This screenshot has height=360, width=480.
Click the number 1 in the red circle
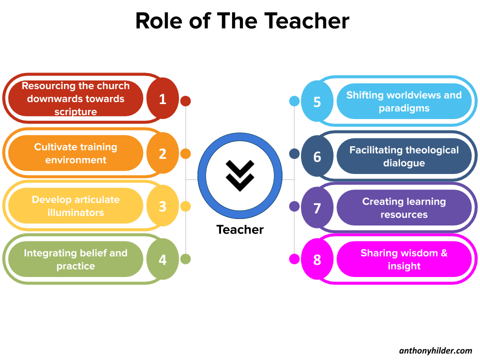click(x=162, y=99)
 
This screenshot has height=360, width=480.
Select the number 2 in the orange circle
click(x=162, y=153)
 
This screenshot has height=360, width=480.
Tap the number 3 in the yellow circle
click(x=162, y=206)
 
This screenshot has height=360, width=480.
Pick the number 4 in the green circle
click(x=162, y=260)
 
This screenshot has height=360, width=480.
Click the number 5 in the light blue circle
click(x=317, y=101)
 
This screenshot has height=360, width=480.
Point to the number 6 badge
click(x=317, y=156)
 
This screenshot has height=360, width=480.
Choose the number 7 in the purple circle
click(x=317, y=208)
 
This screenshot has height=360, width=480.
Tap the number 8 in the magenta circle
click(x=317, y=260)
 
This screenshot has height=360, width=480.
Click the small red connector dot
click(x=185, y=101)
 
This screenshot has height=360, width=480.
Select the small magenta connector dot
click(x=294, y=259)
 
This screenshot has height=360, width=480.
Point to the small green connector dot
click(x=185, y=259)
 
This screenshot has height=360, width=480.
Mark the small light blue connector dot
click(x=294, y=101)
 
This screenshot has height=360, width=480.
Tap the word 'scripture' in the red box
click(x=75, y=112)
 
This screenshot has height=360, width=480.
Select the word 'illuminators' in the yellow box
click(x=75, y=212)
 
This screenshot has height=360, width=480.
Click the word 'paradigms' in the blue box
click(x=404, y=108)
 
